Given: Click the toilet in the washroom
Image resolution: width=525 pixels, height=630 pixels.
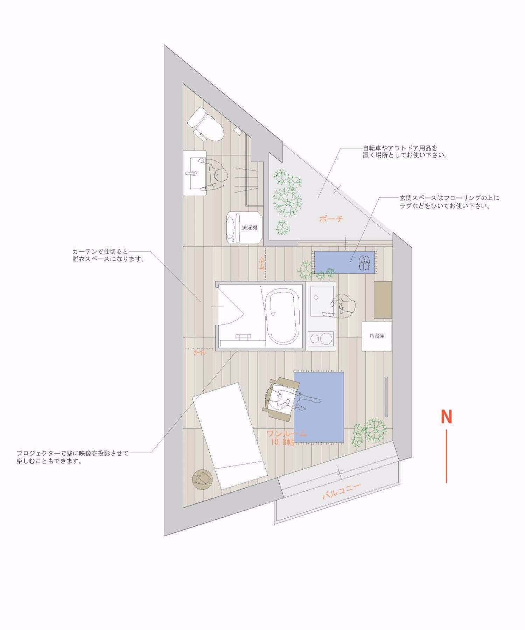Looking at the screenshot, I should [205, 124].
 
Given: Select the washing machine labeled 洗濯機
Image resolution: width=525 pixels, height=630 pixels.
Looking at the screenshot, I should [244, 227].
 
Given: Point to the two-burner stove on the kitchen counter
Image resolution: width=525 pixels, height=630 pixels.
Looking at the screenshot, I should [321, 339].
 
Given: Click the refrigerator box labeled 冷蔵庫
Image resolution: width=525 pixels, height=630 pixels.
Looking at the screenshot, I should [377, 336].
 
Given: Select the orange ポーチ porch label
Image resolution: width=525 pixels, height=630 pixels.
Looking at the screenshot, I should [330, 219].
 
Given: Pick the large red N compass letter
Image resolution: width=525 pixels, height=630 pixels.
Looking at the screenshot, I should [446, 416].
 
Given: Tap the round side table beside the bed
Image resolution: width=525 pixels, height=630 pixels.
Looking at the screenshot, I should [203, 478].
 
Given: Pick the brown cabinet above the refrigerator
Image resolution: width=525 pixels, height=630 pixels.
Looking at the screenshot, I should [383, 299].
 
